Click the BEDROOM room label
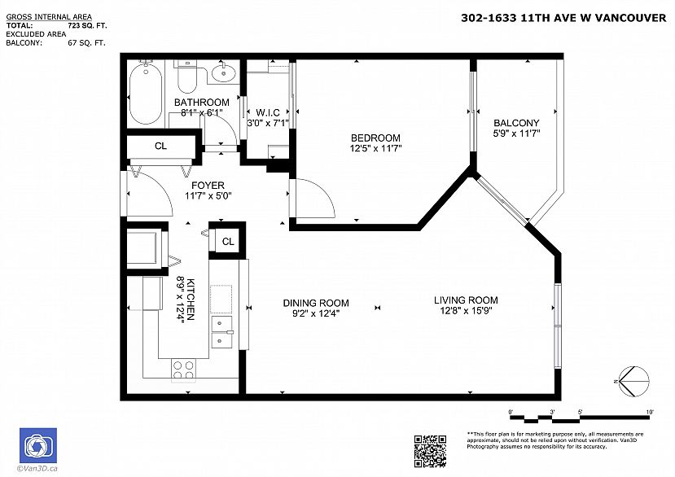click(x=375, y=138)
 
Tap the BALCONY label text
click(x=516, y=123)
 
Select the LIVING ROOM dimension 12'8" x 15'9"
click(x=466, y=311)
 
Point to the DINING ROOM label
click(x=316, y=303)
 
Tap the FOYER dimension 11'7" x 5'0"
click(x=208, y=196)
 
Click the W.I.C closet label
click(x=268, y=113)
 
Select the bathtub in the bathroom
click(x=146, y=94)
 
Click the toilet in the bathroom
click(x=186, y=77)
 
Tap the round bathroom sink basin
click(x=224, y=72)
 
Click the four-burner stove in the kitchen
click(x=183, y=370)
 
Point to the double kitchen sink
click(x=221, y=332)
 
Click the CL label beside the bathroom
click(x=160, y=147)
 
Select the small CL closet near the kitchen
click(x=227, y=242)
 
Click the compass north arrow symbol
click(x=633, y=381)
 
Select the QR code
click(x=430, y=451)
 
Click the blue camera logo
click(x=38, y=445)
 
